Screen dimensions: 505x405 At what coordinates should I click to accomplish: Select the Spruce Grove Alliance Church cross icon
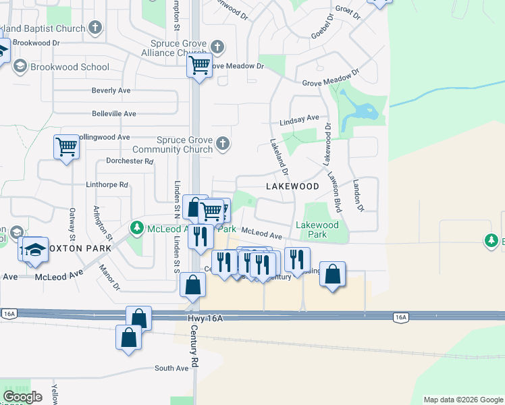point(217,47)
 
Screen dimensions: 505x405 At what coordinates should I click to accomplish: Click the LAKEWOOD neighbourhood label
point(292,186)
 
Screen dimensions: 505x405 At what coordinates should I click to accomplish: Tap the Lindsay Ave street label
point(299,119)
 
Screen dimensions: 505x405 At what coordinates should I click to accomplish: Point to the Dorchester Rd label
point(130,161)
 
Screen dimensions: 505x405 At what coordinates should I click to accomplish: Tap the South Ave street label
point(171,369)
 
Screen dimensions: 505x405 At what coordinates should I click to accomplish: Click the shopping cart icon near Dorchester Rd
point(66,146)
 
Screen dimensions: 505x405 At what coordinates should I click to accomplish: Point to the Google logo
point(23,397)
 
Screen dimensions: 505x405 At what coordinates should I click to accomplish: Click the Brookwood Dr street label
point(36,42)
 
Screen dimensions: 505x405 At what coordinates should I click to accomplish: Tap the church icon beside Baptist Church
point(95,28)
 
